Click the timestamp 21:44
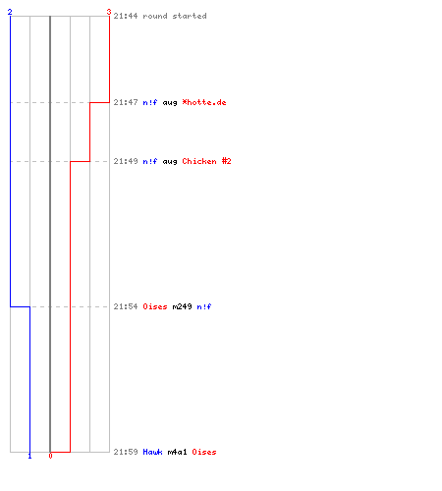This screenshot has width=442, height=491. tap(126, 16)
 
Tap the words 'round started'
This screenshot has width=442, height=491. tap(175, 16)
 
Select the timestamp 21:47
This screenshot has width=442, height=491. tap(126, 102)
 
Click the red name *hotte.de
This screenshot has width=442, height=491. tap(204, 102)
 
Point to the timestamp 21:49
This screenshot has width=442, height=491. tap(126, 161)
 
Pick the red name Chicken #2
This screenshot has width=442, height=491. tap(206, 161)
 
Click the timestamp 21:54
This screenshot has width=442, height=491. tap(126, 306)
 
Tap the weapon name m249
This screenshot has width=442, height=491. tap(182, 306)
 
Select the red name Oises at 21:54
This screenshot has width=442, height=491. tap(155, 306)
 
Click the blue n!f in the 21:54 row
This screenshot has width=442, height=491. tap(204, 306)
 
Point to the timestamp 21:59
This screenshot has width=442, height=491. tap(126, 452)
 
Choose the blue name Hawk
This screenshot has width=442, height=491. tap(152, 452)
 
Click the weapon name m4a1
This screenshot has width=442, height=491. tap(177, 452)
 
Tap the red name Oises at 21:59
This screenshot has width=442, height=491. tap(204, 452)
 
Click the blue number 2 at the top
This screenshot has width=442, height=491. tap(10, 12)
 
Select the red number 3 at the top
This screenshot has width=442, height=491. tap(109, 12)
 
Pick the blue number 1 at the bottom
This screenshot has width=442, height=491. tap(29, 456)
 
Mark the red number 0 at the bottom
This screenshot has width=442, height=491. tap(50, 456)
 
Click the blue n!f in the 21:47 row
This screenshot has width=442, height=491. tap(150, 102)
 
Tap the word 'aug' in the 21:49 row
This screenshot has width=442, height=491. tap(170, 162)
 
